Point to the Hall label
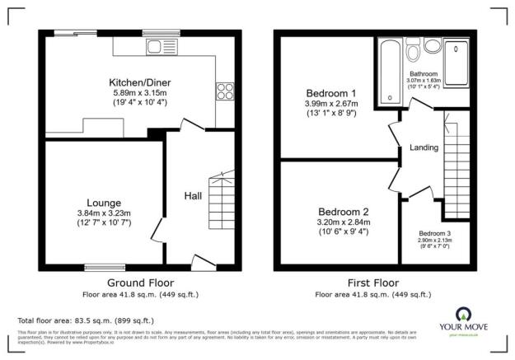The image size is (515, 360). (193, 195)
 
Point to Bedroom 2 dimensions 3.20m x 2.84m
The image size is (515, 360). (344, 222)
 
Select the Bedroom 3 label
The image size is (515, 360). (434, 233)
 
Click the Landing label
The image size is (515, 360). (422, 147)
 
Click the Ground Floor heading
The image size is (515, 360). (139, 282)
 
